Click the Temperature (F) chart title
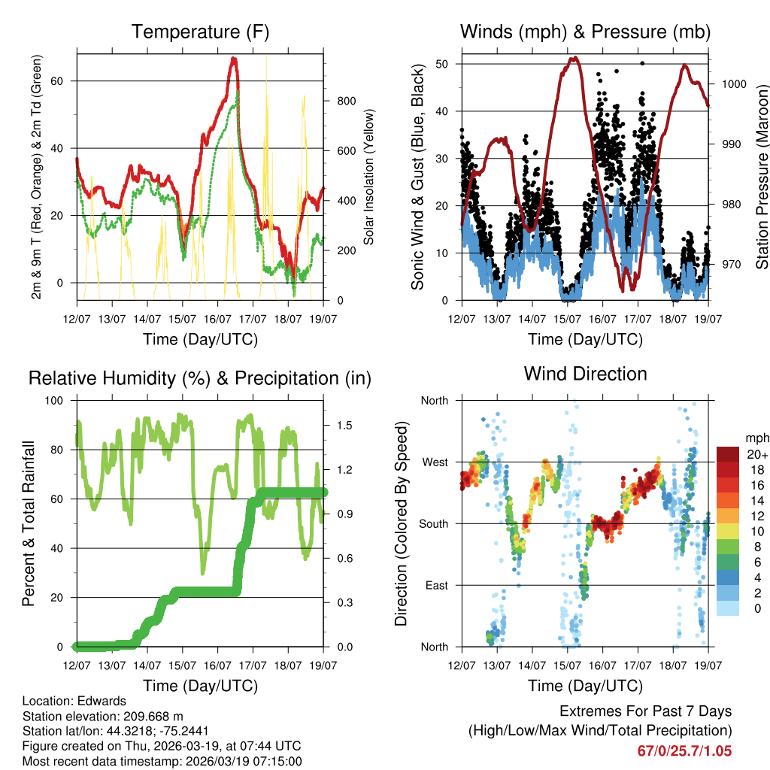coord(200,32)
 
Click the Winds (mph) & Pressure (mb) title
coord(585,32)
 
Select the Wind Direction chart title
coord(585,373)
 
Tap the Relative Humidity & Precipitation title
coord(200,378)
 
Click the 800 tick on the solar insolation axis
coord(341,101)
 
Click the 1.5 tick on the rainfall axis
coord(344,426)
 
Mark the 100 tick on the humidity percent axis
coord(61,400)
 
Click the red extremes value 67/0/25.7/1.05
coord(684,750)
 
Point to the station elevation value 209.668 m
coord(159,716)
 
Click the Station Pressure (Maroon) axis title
coord(762,177)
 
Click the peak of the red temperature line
coord(234,59)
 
